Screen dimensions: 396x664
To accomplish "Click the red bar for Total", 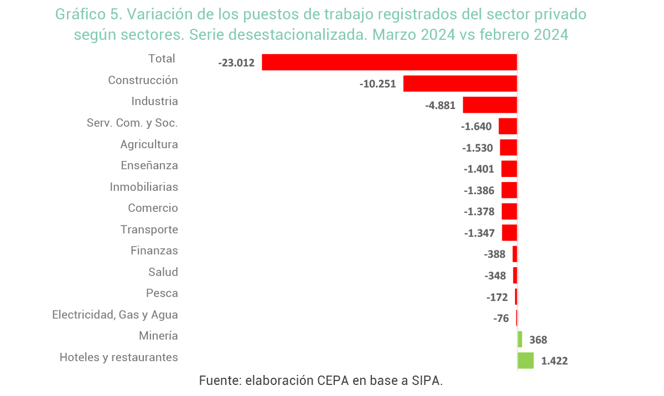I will coord(389,62).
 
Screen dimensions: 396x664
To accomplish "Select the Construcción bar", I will coord(460,84).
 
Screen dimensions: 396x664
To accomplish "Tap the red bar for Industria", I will coord(490,105).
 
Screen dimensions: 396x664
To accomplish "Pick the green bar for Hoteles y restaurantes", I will coord(526,361).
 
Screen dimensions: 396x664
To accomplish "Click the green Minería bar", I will coord(520,339).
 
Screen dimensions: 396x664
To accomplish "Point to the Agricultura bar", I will coord(509,148).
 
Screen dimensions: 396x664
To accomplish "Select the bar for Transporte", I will coord(510,233).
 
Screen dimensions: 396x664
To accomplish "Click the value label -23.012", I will coord(236,62).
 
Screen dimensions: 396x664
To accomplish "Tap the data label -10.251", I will coord(377,84).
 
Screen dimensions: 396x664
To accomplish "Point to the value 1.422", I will coord(554,361).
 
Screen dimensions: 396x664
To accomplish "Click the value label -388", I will coord(495,254).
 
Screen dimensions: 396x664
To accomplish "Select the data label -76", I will coord(501,318).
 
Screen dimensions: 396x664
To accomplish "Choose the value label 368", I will coord(538,340).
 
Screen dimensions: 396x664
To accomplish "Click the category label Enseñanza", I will coord(149,165).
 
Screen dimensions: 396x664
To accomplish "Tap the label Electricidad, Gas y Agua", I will coord(115,315).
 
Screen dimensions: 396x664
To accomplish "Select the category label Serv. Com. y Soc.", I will coord(132,123).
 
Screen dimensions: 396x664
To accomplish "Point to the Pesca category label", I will coord(162,293).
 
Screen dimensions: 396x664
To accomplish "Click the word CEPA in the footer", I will coord(334,381).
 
